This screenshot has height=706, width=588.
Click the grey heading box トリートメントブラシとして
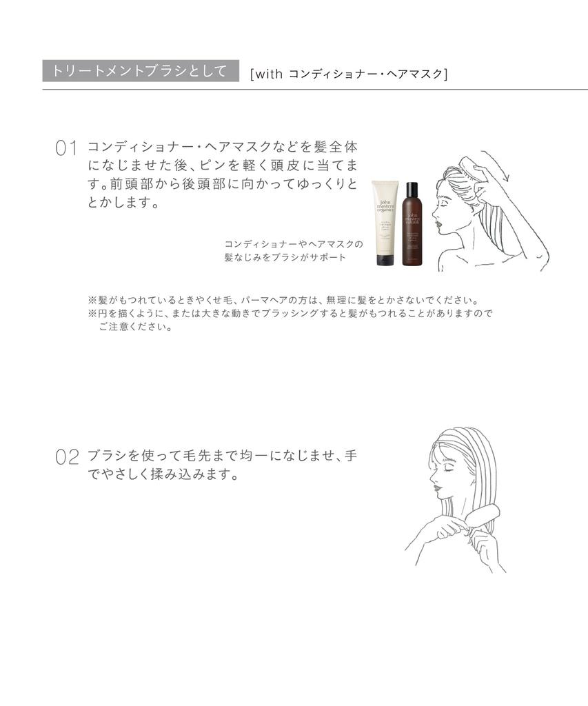tap(140, 71)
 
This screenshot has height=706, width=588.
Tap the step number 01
tap(65, 149)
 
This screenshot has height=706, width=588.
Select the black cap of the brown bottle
tap(412, 188)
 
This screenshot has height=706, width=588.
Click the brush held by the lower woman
tap(485, 520)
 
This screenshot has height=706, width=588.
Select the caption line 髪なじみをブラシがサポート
tap(285, 257)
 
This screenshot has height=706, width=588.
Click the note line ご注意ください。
tap(135, 327)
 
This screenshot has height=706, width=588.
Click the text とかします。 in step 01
tap(124, 203)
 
